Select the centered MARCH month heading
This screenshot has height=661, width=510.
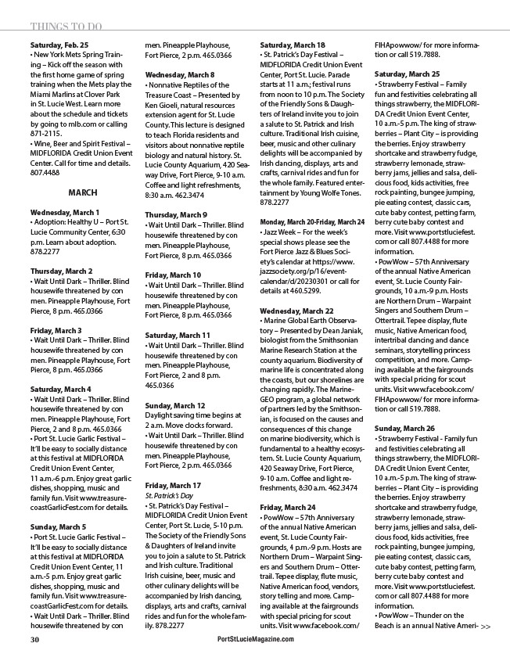(83, 192)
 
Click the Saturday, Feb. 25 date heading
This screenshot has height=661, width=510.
(59, 45)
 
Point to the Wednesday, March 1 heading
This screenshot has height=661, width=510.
(64, 212)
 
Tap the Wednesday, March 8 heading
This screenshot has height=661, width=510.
(180, 74)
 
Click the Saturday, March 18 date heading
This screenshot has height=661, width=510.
(293, 45)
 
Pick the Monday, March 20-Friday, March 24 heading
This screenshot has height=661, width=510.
(312, 244)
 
